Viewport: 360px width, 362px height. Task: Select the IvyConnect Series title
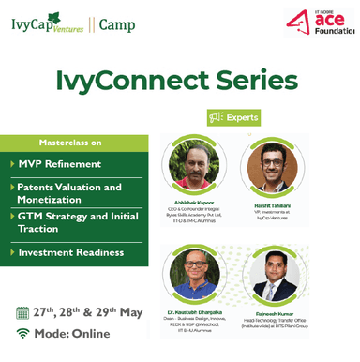click(179, 82)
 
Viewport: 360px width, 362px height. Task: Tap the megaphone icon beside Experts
click(214, 118)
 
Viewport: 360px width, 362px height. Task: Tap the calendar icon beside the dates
click(22, 312)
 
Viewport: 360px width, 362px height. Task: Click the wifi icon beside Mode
click(22, 333)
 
